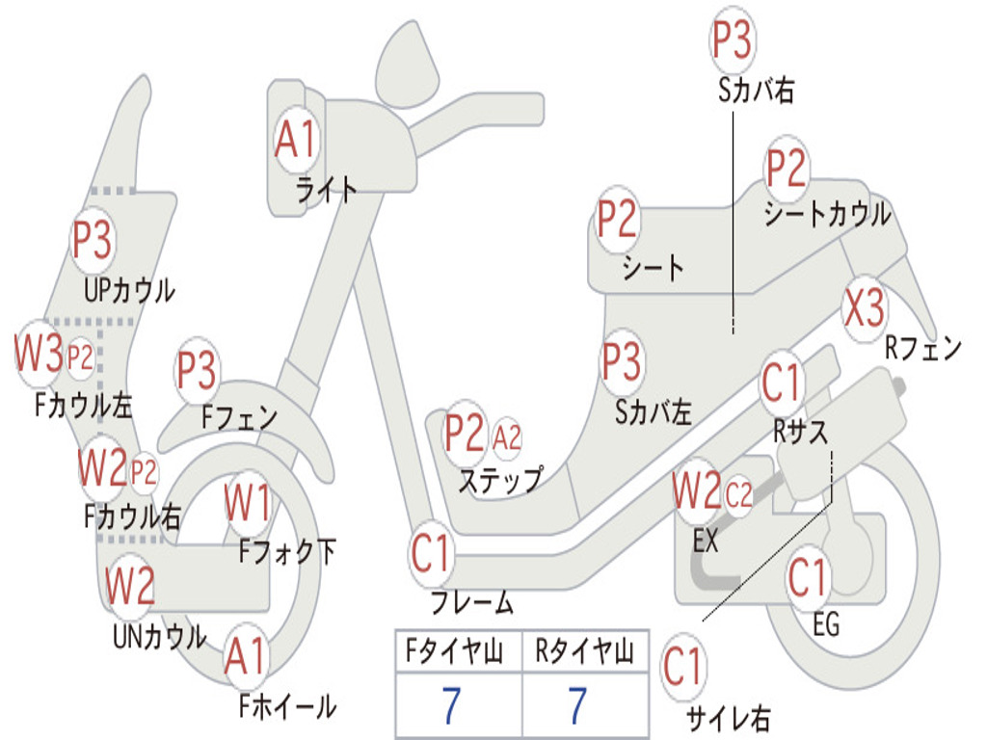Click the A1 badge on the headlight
click(x=295, y=139)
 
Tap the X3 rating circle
click(x=865, y=308)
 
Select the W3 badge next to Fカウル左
click(x=39, y=353)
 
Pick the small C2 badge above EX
click(x=738, y=495)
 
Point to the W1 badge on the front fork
click(x=248, y=503)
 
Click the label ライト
click(x=327, y=190)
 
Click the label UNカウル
click(x=159, y=636)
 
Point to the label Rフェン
click(x=923, y=347)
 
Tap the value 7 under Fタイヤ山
click(x=451, y=705)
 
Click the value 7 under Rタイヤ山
click(x=578, y=705)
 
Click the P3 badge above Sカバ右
click(x=733, y=40)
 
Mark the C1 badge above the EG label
click(x=807, y=578)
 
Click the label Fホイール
click(x=287, y=706)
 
